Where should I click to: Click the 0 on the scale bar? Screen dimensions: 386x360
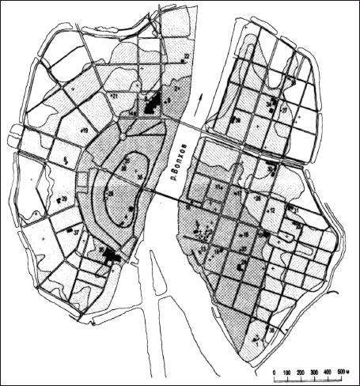pos(275,373)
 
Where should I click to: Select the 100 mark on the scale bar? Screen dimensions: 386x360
pos(289,373)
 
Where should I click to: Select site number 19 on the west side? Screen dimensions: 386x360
pos(84,129)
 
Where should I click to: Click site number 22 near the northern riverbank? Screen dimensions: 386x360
pos(186,55)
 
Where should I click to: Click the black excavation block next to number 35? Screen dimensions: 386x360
pos(112,255)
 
